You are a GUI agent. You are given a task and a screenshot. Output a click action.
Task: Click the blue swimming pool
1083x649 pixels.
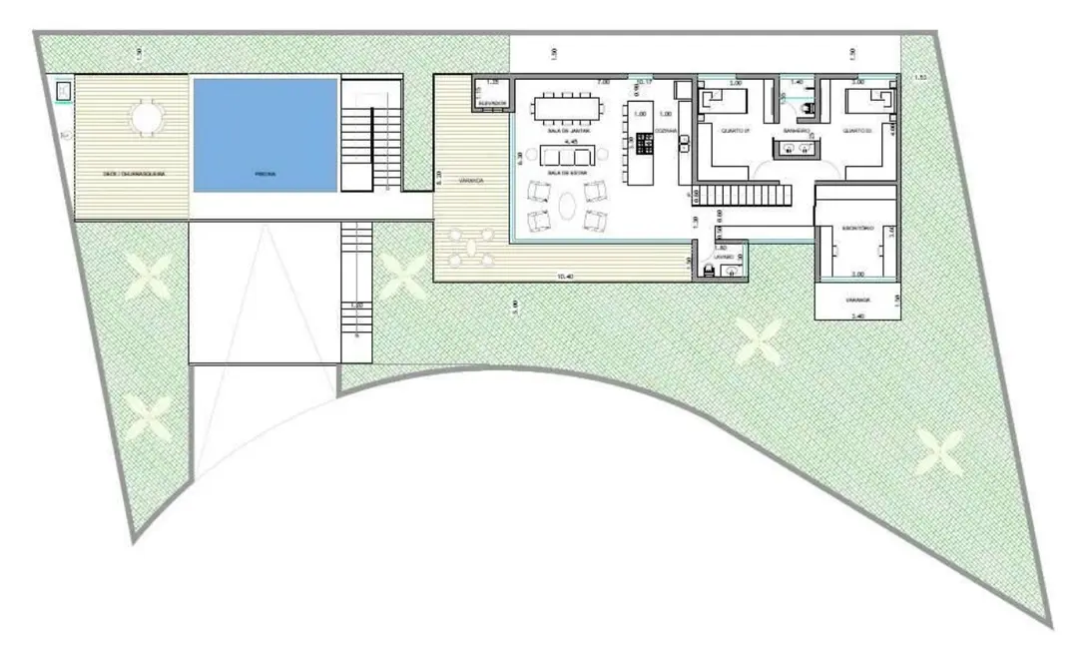[265, 135]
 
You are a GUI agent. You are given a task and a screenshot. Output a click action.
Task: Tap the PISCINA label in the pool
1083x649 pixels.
[265, 174]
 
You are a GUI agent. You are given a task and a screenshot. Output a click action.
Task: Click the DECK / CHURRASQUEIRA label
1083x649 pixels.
[133, 174]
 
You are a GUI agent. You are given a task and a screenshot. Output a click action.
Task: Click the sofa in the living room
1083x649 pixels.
[566, 155]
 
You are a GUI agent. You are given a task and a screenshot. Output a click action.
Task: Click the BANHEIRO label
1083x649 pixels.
[796, 130]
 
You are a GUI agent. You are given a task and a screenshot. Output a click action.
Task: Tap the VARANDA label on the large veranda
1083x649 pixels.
[471, 181]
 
